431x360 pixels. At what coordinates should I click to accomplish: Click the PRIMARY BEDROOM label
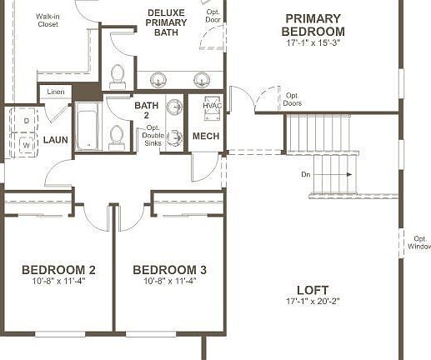(x=313, y=25)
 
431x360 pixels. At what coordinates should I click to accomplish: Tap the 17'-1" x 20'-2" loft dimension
(x=313, y=301)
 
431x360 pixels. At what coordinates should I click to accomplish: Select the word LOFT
(x=313, y=289)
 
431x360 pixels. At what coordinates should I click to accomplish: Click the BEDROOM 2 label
(x=58, y=270)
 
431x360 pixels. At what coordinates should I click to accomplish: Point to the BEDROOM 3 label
(x=169, y=270)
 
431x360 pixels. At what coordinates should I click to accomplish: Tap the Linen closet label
(x=56, y=92)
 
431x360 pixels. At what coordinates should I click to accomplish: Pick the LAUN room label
(x=56, y=140)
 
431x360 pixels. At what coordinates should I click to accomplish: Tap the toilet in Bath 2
(x=117, y=136)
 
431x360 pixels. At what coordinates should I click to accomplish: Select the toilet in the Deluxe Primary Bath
(x=118, y=77)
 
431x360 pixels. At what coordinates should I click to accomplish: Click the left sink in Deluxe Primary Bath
(x=158, y=79)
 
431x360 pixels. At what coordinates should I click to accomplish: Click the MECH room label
(x=206, y=136)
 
